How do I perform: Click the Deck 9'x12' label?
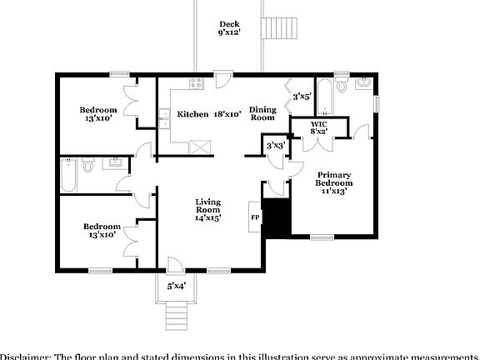coord(229,28)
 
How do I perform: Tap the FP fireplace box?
coord(255,218)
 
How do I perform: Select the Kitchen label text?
coord(192,114)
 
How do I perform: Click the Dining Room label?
coord(263,113)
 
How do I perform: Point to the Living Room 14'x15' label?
coord(207,209)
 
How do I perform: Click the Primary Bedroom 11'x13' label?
coord(333,182)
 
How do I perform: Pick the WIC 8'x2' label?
coord(319,127)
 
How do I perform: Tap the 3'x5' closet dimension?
coord(302,97)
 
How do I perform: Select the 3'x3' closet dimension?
coord(275,146)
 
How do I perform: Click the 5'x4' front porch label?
coord(176,286)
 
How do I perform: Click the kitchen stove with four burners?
coord(197,82)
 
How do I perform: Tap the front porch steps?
coord(175,314)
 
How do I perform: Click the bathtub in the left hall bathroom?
coord(68,176)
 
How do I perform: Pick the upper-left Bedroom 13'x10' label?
coord(97,114)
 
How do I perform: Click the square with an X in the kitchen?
coord(200,148)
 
